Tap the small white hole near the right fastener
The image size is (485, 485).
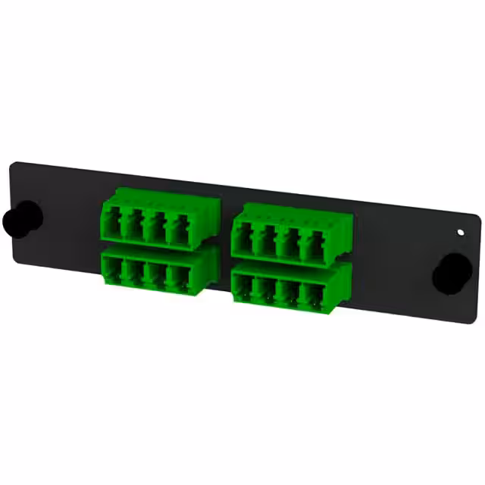(x=462, y=231)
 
